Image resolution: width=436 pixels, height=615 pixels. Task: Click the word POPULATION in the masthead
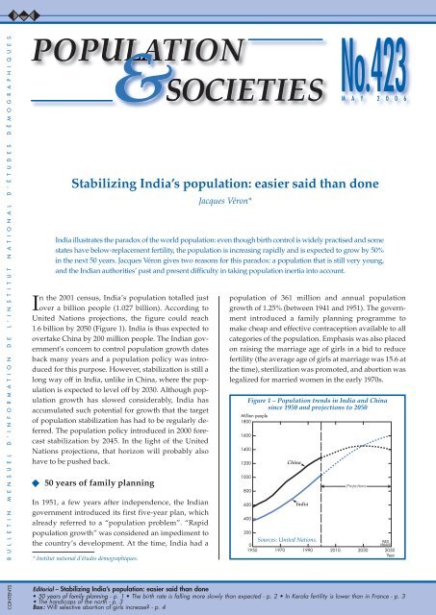125,47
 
